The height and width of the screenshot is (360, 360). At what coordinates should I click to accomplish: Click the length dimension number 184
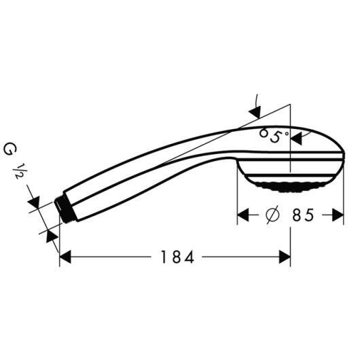(x=178, y=257)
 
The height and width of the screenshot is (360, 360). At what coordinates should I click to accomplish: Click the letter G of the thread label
(x=10, y=147)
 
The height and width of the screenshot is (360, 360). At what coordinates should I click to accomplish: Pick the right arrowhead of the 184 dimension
(x=285, y=257)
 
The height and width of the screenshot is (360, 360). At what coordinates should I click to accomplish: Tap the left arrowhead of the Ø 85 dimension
(x=243, y=216)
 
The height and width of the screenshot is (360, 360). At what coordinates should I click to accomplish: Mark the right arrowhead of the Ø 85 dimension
(x=340, y=216)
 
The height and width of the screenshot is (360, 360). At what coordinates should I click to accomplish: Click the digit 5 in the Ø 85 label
(x=310, y=216)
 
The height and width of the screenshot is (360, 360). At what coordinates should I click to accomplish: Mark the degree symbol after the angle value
(x=287, y=134)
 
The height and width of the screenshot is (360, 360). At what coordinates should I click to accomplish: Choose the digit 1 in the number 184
(x=165, y=257)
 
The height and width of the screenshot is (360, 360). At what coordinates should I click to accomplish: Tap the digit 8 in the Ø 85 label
(x=297, y=216)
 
